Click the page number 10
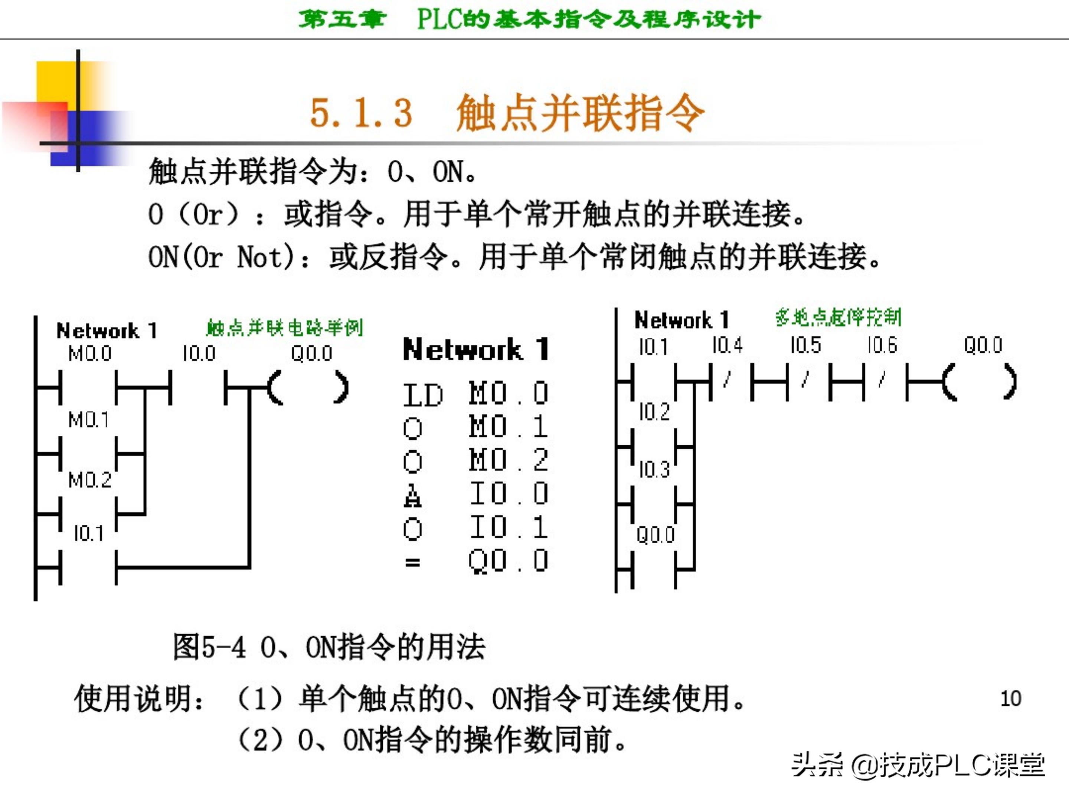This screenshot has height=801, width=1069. [1010, 699]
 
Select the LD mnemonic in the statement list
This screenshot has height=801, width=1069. [423, 395]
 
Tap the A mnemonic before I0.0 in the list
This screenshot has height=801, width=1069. [412, 495]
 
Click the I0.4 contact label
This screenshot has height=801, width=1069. [727, 346]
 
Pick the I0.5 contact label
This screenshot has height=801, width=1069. [805, 346]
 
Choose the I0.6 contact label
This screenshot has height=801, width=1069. [882, 346]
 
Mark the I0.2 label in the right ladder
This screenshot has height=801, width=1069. [654, 412]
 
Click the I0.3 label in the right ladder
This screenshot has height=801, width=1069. [654, 469]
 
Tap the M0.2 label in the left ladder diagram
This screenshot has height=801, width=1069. [90, 480]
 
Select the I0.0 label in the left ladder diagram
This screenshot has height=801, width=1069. [199, 354]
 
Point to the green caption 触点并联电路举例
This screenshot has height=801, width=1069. [285, 328]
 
